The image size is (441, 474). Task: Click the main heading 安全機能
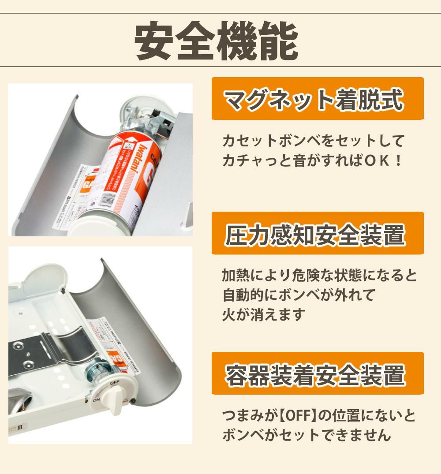(216, 41)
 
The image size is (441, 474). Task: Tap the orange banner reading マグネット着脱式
(318, 99)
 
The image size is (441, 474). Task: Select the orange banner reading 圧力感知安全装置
(318, 233)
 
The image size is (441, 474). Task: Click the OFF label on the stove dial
(115, 382)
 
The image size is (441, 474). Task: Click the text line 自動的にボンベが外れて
(299, 295)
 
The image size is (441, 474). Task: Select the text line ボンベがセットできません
(306, 435)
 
